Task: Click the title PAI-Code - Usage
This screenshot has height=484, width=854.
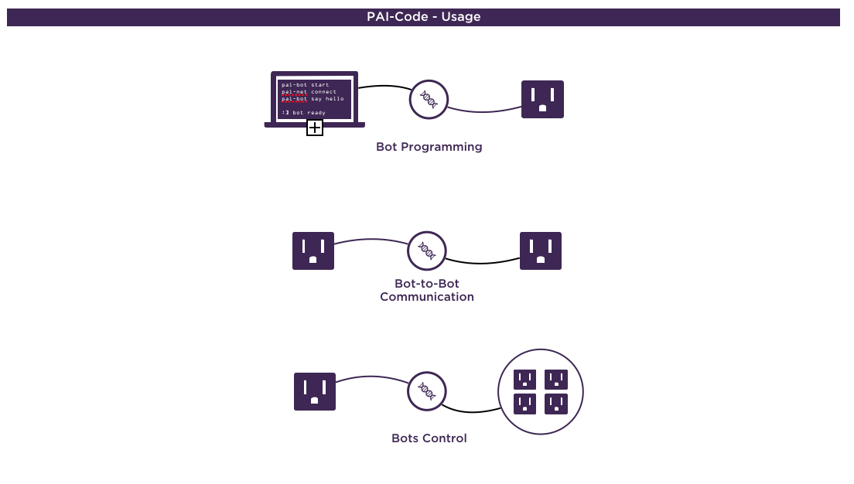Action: pos(423,17)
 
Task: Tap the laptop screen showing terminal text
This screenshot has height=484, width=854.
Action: pos(314,97)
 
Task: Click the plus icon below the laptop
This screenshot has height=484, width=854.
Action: pos(315,128)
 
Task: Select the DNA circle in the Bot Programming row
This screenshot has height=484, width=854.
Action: pos(429,99)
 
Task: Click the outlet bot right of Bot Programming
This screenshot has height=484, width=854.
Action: pos(542,99)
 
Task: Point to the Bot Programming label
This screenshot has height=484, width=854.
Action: pos(429,147)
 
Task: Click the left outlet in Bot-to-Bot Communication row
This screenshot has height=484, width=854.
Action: pos(313,251)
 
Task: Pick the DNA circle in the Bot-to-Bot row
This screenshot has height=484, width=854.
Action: pos(426,250)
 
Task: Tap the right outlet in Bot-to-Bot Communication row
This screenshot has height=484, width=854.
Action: pos(541,251)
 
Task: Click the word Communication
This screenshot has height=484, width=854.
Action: pos(427,297)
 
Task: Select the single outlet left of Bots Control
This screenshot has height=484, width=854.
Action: pos(315,391)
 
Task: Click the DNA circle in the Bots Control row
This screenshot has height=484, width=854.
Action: pos(426,391)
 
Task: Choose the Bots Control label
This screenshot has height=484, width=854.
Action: pos(429,438)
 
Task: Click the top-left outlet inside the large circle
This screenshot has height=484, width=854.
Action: pos(525,379)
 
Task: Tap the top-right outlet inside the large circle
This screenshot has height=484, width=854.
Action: pos(556,379)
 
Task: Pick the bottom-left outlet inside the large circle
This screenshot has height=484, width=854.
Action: pos(525,404)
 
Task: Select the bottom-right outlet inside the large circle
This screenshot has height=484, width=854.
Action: pos(556,404)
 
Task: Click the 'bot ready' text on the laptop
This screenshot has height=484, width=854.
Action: pos(309,113)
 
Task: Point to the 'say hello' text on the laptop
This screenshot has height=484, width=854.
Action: pos(328,99)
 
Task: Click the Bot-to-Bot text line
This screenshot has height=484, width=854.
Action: pos(427,284)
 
